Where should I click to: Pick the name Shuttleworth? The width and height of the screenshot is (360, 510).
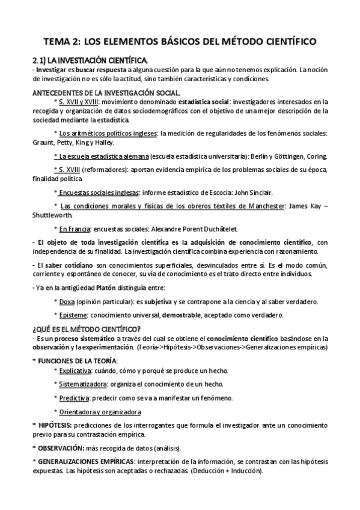point(52,215)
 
